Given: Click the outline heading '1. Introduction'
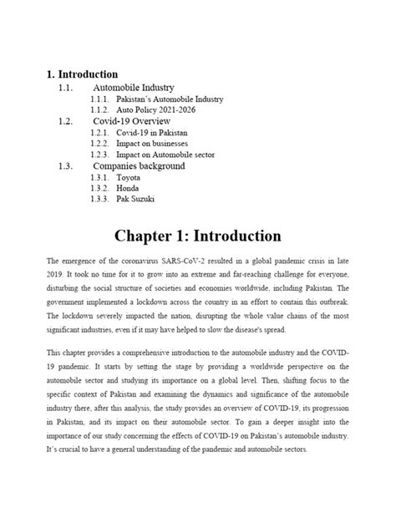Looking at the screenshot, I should coord(82,74).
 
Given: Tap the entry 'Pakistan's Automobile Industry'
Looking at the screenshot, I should coord(170,99).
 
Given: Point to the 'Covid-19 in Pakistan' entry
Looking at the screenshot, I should coord(151,132).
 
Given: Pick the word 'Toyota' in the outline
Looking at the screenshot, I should coord(129,177).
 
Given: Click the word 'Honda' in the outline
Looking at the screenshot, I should coord(128,188).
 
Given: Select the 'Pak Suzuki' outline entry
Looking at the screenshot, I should coord(135,199).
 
